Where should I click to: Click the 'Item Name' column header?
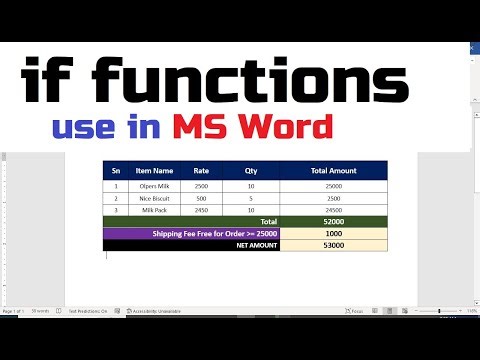pyautogui.click(x=155, y=171)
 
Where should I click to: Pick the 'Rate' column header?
pyautogui.click(x=201, y=171)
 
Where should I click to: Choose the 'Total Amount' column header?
pyautogui.click(x=333, y=171)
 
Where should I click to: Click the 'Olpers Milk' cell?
pyautogui.click(x=155, y=186)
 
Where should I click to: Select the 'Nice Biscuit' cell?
pyautogui.click(x=155, y=198)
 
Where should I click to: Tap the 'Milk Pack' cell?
pyautogui.click(x=155, y=210)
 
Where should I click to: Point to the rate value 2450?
pyautogui.click(x=201, y=210)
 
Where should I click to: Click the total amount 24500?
pyautogui.click(x=333, y=210)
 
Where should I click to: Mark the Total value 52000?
pyautogui.click(x=333, y=221)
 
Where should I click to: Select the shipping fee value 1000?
pyautogui.click(x=333, y=233)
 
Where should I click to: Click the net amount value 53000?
pyautogui.click(x=333, y=245)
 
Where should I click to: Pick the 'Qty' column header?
pyautogui.click(x=251, y=171)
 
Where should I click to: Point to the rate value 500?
pyautogui.click(x=201, y=198)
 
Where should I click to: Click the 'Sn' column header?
pyautogui.click(x=116, y=171)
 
